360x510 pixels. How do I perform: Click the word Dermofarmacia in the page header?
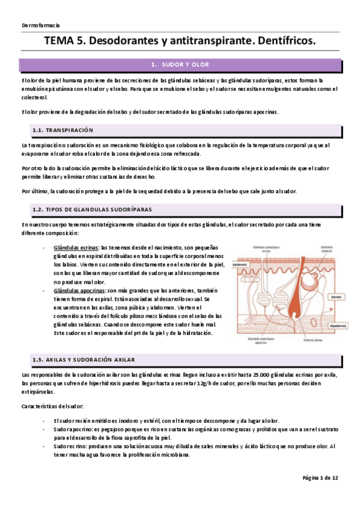(40, 25)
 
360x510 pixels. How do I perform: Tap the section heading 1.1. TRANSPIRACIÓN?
(63, 130)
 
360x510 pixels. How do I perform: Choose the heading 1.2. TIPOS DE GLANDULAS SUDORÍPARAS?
(91, 209)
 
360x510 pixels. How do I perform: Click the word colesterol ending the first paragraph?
(37, 96)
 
